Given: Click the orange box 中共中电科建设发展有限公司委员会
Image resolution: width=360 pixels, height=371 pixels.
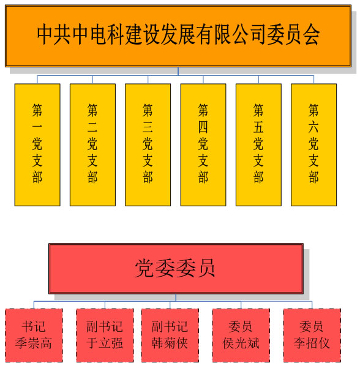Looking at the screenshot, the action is click(178, 36).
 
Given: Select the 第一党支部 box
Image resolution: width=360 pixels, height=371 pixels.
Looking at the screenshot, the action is click(37, 145).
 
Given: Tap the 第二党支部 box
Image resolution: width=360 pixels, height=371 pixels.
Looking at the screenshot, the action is click(92, 145).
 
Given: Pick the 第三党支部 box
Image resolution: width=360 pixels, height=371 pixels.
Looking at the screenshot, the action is click(148, 145).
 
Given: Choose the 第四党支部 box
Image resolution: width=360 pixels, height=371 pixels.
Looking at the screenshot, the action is click(203, 145).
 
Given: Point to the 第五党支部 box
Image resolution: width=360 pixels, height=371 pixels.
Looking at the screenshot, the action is click(258, 145).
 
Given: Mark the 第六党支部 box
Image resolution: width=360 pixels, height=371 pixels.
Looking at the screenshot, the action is click(314, 145).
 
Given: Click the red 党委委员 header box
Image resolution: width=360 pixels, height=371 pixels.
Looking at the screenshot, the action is click(176, 269).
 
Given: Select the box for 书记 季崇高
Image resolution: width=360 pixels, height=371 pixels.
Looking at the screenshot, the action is click(34, 335).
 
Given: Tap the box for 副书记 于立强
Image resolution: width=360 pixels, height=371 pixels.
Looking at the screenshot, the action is click(105, 335).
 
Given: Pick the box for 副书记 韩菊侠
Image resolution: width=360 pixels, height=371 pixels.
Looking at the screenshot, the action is click(170, 335).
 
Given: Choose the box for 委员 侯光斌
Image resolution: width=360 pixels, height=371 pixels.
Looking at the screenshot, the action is click(241, 335).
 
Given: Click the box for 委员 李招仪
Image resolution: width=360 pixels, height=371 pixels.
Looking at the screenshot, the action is click(312, 335).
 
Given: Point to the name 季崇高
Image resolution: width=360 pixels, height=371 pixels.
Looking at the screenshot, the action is click(34, 343).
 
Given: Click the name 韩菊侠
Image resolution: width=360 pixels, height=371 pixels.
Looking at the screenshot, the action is click(170, 343).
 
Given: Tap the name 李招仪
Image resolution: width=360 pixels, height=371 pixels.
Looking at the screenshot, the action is click(312, 343).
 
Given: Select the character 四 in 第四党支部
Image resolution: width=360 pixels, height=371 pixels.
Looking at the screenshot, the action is click(203, 127).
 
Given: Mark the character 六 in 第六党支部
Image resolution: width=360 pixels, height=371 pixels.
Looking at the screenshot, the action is click(313, 127).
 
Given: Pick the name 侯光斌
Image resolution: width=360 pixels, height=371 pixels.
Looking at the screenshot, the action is click(241, 343).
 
